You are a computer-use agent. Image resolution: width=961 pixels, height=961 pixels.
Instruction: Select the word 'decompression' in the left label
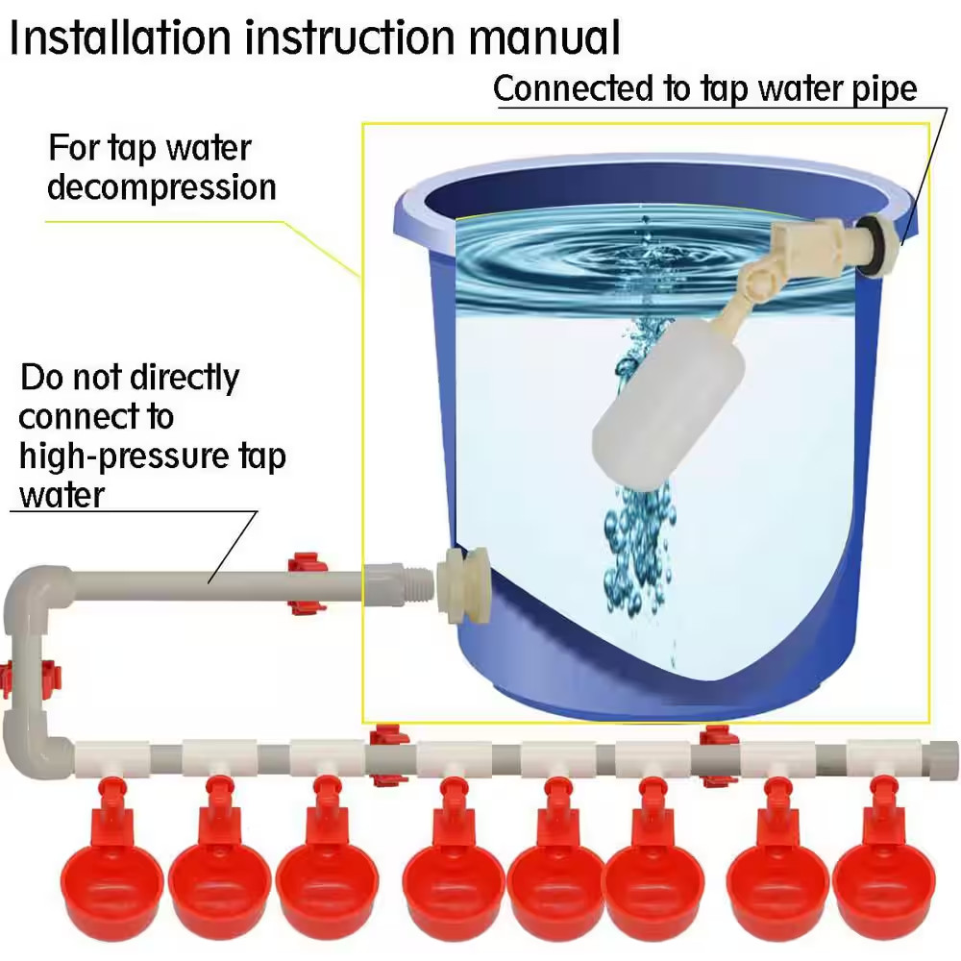(161, 186)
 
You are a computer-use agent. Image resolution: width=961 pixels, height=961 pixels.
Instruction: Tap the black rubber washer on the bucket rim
(875, 245)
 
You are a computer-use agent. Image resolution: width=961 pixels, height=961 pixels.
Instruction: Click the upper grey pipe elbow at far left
(29, 596)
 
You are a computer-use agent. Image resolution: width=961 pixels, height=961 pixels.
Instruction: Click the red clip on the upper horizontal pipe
(306, 583)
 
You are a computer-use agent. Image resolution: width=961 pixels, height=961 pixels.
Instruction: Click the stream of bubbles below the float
(634, 548)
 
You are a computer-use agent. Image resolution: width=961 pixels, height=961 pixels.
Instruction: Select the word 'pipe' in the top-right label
(886, 89)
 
